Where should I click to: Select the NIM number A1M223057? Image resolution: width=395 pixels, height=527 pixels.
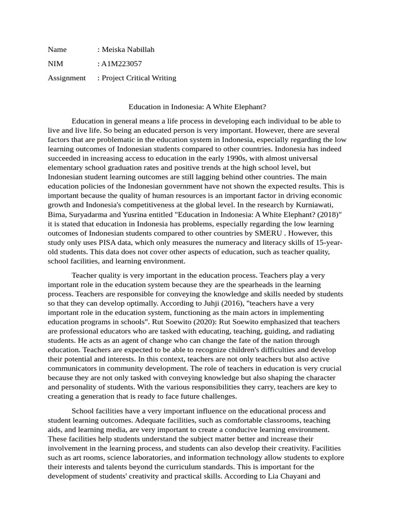click(121, 64)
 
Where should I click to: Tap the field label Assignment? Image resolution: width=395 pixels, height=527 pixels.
click(66, 78)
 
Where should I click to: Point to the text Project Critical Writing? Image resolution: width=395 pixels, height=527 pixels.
click(139, 78)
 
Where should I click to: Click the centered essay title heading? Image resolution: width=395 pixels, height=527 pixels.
click(197, 107)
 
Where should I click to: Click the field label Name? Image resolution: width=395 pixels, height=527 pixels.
click(57, 49)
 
